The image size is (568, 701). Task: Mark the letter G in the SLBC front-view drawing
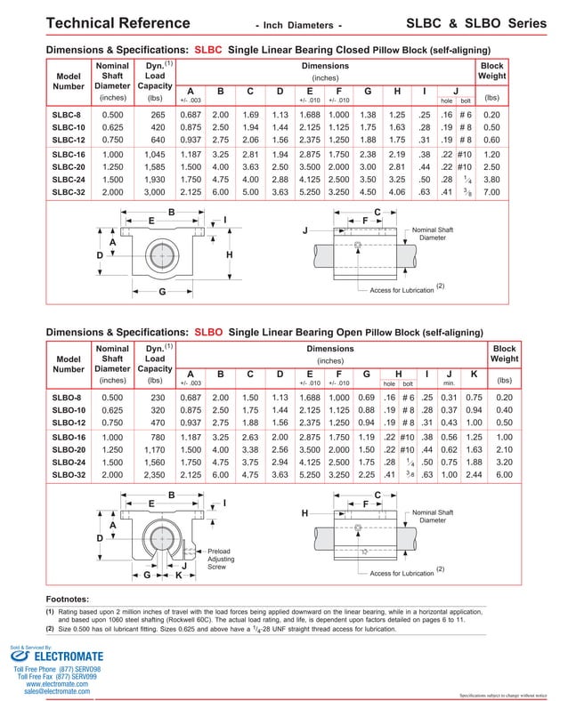point(162,291)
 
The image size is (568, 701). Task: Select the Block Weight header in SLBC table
point(491,72)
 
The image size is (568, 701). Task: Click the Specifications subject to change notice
point(504,695)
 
